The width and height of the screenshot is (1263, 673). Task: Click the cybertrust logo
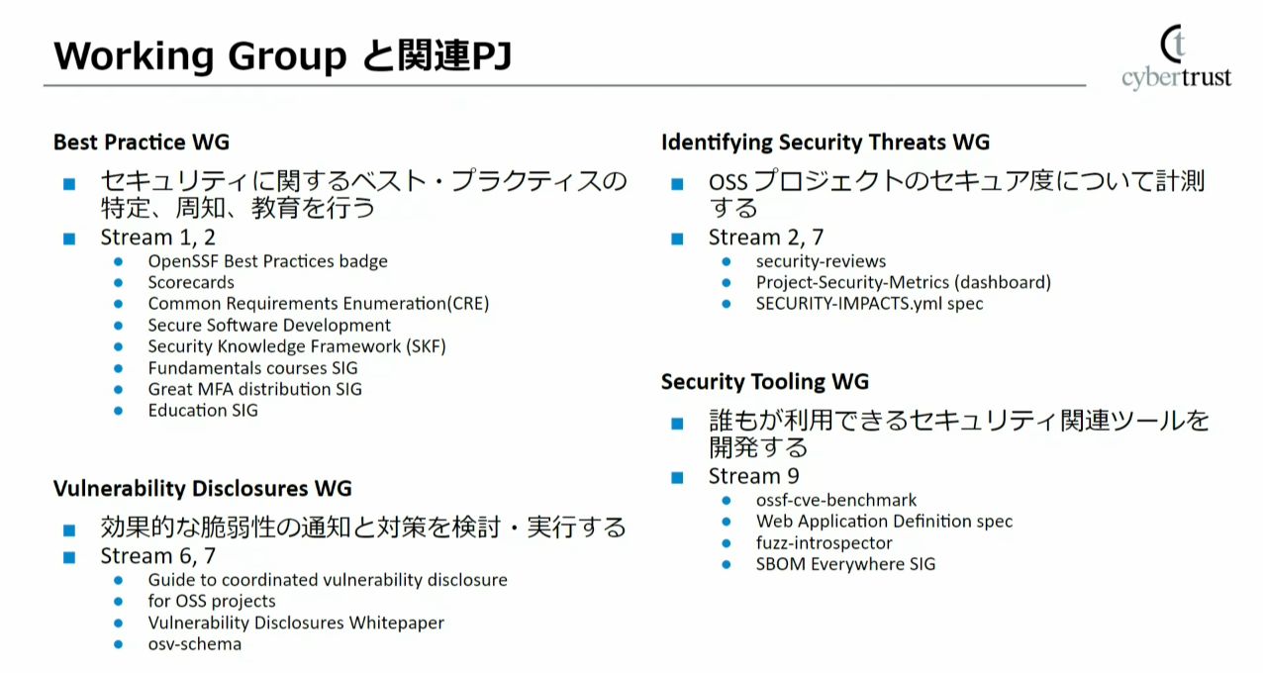pos(1176,58)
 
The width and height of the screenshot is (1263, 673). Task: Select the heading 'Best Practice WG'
pos(142,143)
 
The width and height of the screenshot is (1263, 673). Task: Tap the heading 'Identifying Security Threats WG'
pos(825,143)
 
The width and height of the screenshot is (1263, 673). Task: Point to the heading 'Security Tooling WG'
pos(765,382)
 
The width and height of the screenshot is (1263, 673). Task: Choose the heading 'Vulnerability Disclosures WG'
pos(202,488)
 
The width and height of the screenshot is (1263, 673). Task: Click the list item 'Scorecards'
pos(191,282)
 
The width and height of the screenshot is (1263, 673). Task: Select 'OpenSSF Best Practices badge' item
pos(267,261)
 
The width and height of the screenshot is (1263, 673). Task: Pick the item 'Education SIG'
pos(203,410)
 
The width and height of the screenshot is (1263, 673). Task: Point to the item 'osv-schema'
pos(194,644)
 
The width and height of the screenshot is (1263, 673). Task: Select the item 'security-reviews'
pos(821,261)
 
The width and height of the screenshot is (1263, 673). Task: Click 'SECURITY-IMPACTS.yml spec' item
pos(869,304)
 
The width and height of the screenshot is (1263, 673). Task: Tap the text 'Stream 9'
pos(754,476)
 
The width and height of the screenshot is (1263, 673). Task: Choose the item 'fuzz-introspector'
pos(824,542)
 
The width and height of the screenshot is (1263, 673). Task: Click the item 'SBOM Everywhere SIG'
pos(845,564)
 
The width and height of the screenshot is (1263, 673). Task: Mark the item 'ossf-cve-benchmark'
pos(835,500)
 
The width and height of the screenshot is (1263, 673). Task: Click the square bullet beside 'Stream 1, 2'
pos(68,239)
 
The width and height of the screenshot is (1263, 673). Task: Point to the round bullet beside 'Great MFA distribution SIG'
pos(119,389)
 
